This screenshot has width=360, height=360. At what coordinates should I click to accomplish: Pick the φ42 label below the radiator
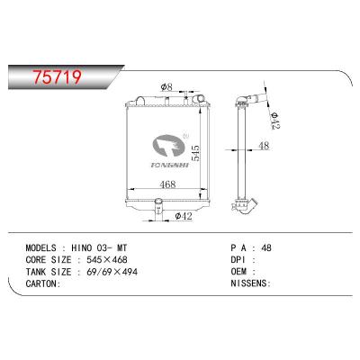click(180, 215)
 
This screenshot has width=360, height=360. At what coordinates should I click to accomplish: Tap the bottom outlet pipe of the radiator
click(158, 210)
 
